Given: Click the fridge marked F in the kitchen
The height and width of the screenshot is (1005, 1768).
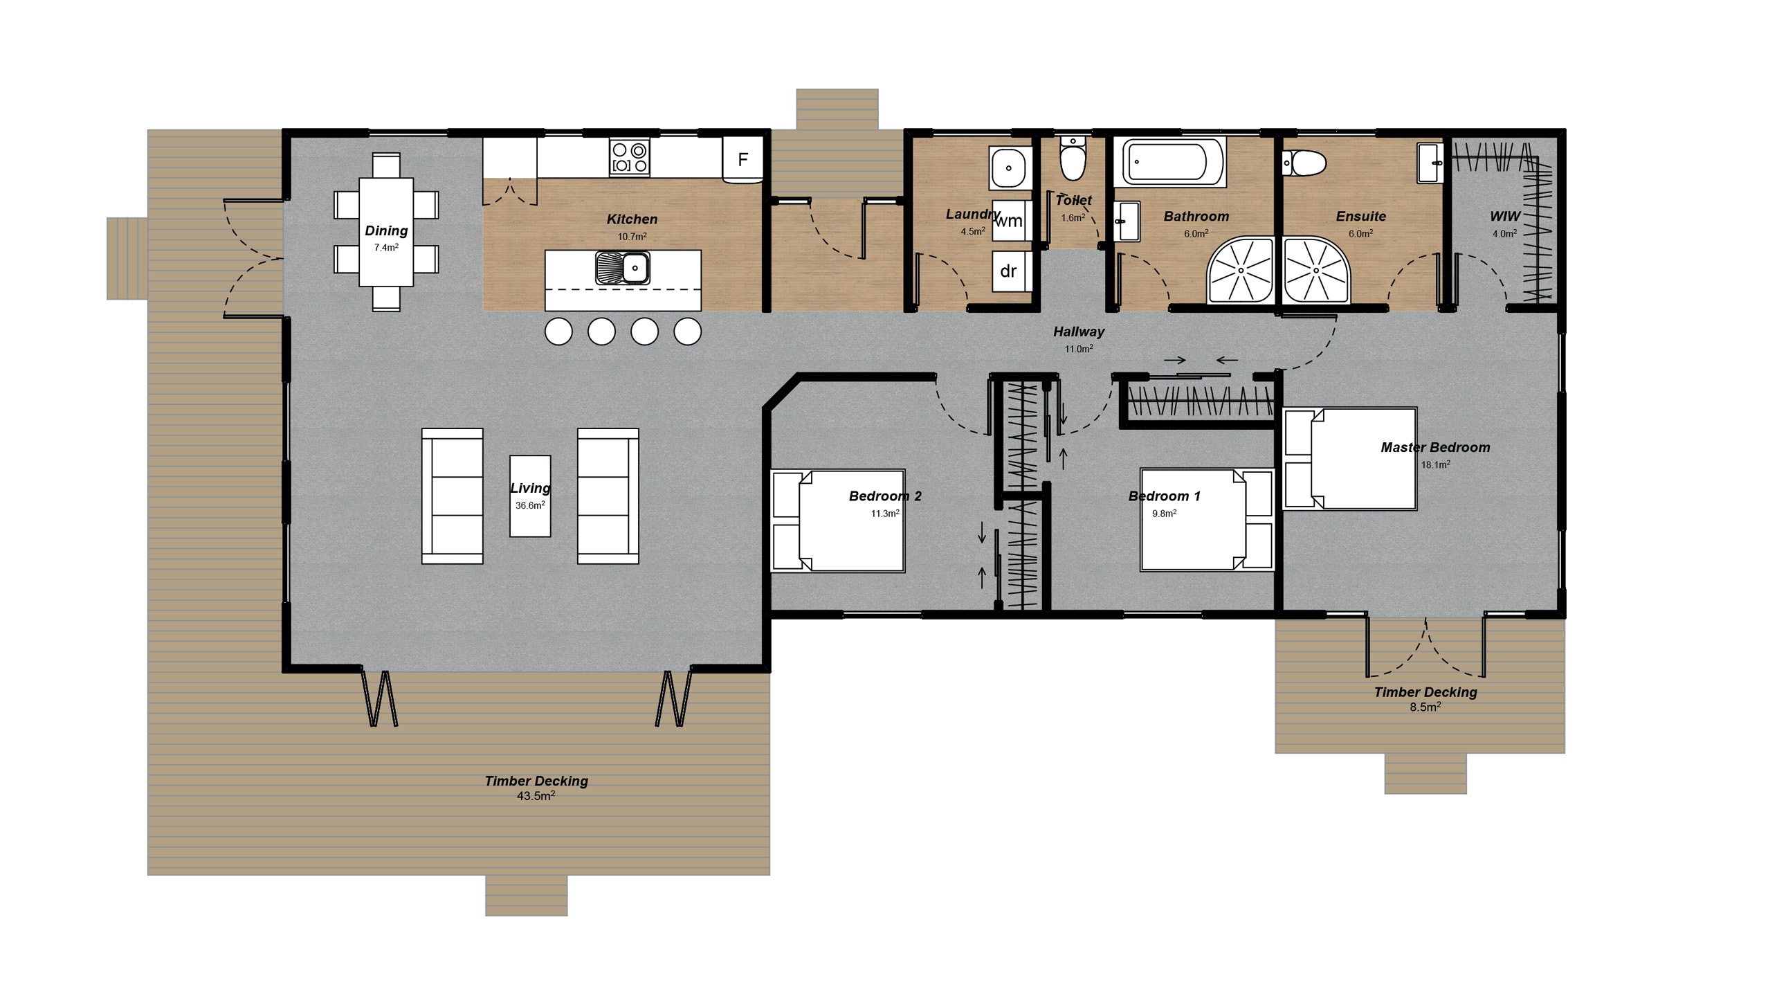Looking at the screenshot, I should point(742,160).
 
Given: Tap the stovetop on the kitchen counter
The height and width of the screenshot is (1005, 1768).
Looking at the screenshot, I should point(629,158).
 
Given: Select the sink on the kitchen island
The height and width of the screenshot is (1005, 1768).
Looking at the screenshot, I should point(623,268).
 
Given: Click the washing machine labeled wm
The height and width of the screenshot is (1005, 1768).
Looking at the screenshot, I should point(1009,221).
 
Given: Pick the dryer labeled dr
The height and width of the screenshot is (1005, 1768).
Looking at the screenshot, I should point(1008,271).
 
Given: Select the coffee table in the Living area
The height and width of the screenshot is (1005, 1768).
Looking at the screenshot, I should point(530,496).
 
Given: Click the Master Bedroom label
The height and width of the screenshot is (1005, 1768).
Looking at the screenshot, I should point(1435,448).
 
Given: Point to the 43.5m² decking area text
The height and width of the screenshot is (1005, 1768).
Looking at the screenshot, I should point(536,796).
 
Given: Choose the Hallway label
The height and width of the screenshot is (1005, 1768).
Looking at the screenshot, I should point(1078,332).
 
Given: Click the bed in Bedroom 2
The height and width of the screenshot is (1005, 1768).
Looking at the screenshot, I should point(851,520).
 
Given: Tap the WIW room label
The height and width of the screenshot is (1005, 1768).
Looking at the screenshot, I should point(1504,217).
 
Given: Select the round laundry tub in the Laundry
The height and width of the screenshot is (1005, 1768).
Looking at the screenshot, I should point(1009,167).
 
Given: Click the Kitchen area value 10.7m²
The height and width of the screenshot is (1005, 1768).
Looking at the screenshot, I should point(632,237).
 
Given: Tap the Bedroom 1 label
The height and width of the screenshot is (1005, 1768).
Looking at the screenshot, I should point(1164,496).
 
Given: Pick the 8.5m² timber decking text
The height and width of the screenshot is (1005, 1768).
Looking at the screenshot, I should point(1425,707).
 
